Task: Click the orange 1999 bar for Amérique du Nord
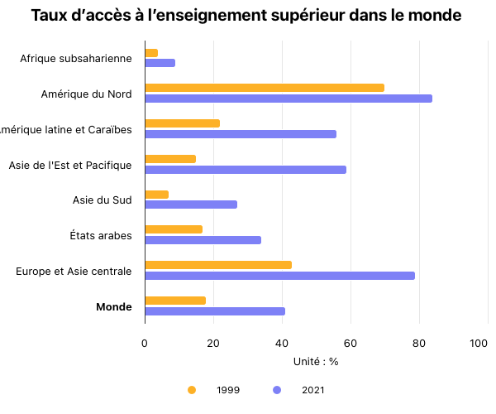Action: click(265, 88)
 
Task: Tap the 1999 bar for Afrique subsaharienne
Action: click(151, 53)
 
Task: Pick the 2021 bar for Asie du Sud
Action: click(191, 205)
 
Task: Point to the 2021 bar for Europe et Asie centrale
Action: click(279, 276)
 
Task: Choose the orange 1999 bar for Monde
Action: click(175, 301)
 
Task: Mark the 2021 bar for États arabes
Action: click(203, 240)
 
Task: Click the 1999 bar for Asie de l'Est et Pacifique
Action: click(170, 159)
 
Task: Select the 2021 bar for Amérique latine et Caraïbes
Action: click(241, 134)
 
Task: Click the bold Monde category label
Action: click(114, 307)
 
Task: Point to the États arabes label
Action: click(101, 236)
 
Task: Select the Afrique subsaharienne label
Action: click(76, 59)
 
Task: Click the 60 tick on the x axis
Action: click(351, 343)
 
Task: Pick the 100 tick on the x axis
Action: click(478, 343)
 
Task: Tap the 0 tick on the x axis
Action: click(145, 343)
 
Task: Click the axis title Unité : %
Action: click(316, 361)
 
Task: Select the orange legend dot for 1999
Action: click(192, 389)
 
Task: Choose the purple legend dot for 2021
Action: click(277, 389)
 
